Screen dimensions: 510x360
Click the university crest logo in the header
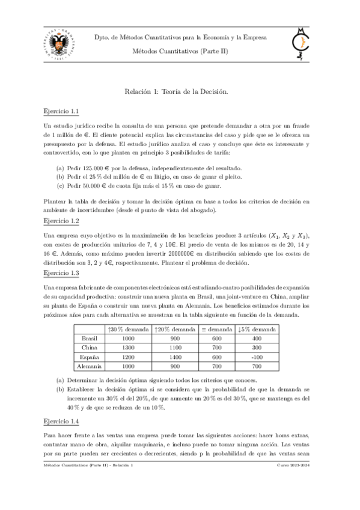pos(58,44)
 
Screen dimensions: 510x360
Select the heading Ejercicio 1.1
pos(62,112)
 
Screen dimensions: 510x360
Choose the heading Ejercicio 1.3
pos(62,273)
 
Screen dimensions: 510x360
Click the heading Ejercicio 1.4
pos(62,422)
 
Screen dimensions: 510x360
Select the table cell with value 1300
pos(127,347)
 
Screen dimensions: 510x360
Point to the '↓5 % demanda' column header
pos(257,329)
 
